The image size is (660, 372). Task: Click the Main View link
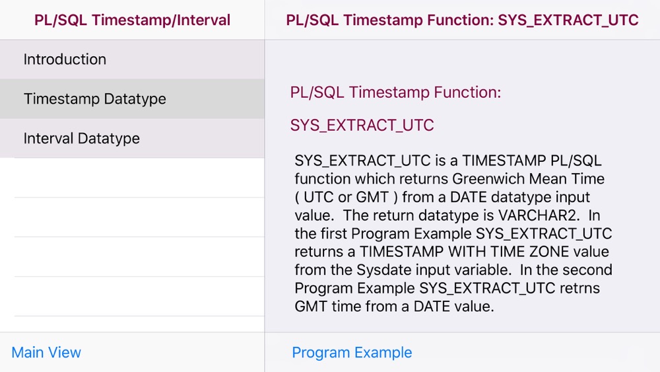46,352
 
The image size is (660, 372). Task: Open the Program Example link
352,352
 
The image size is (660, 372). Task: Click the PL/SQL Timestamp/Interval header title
132,20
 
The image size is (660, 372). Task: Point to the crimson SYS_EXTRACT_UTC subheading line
362,125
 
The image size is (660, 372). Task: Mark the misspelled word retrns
579,288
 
